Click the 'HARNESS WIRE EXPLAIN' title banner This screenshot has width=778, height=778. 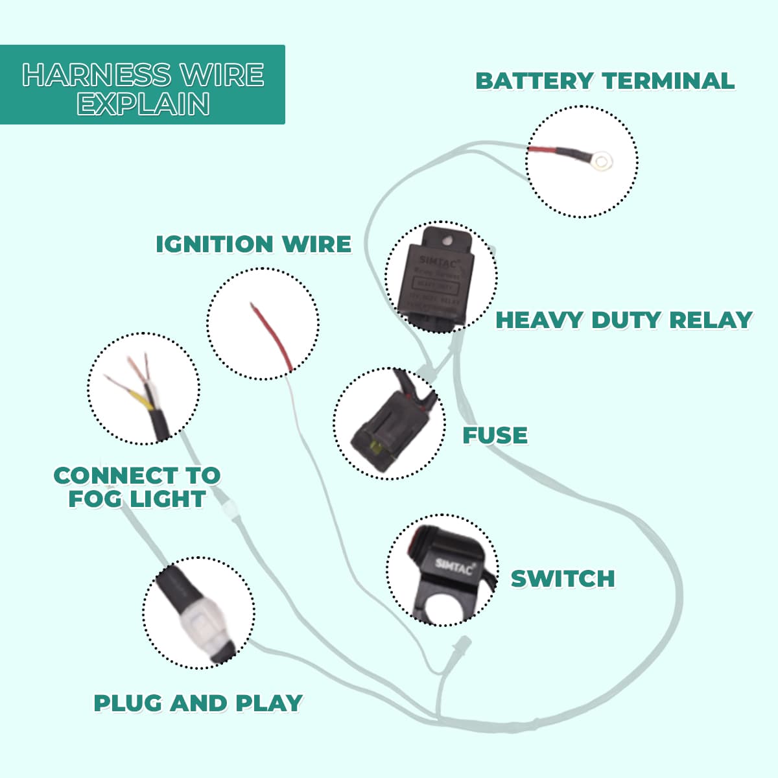[x=143, y=85]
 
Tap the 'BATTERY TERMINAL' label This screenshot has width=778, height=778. [x=604, y=81]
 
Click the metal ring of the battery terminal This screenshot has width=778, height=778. [x=603, y=160]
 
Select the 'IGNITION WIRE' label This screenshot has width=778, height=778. [x=253, y=244]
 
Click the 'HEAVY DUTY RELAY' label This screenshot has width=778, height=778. [x=624, y=320]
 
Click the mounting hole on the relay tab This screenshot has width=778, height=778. [x=446, y=241]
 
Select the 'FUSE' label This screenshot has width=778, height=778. [x=495, y=435]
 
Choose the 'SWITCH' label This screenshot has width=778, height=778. [x=563, y=578]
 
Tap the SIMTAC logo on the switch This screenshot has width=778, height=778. [x=453, y=566]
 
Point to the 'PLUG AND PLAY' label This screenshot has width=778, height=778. [x=198, y=703]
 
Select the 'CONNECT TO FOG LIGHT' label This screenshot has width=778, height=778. [x=137, y=487]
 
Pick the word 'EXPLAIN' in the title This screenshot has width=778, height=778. [x=143, y=104]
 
